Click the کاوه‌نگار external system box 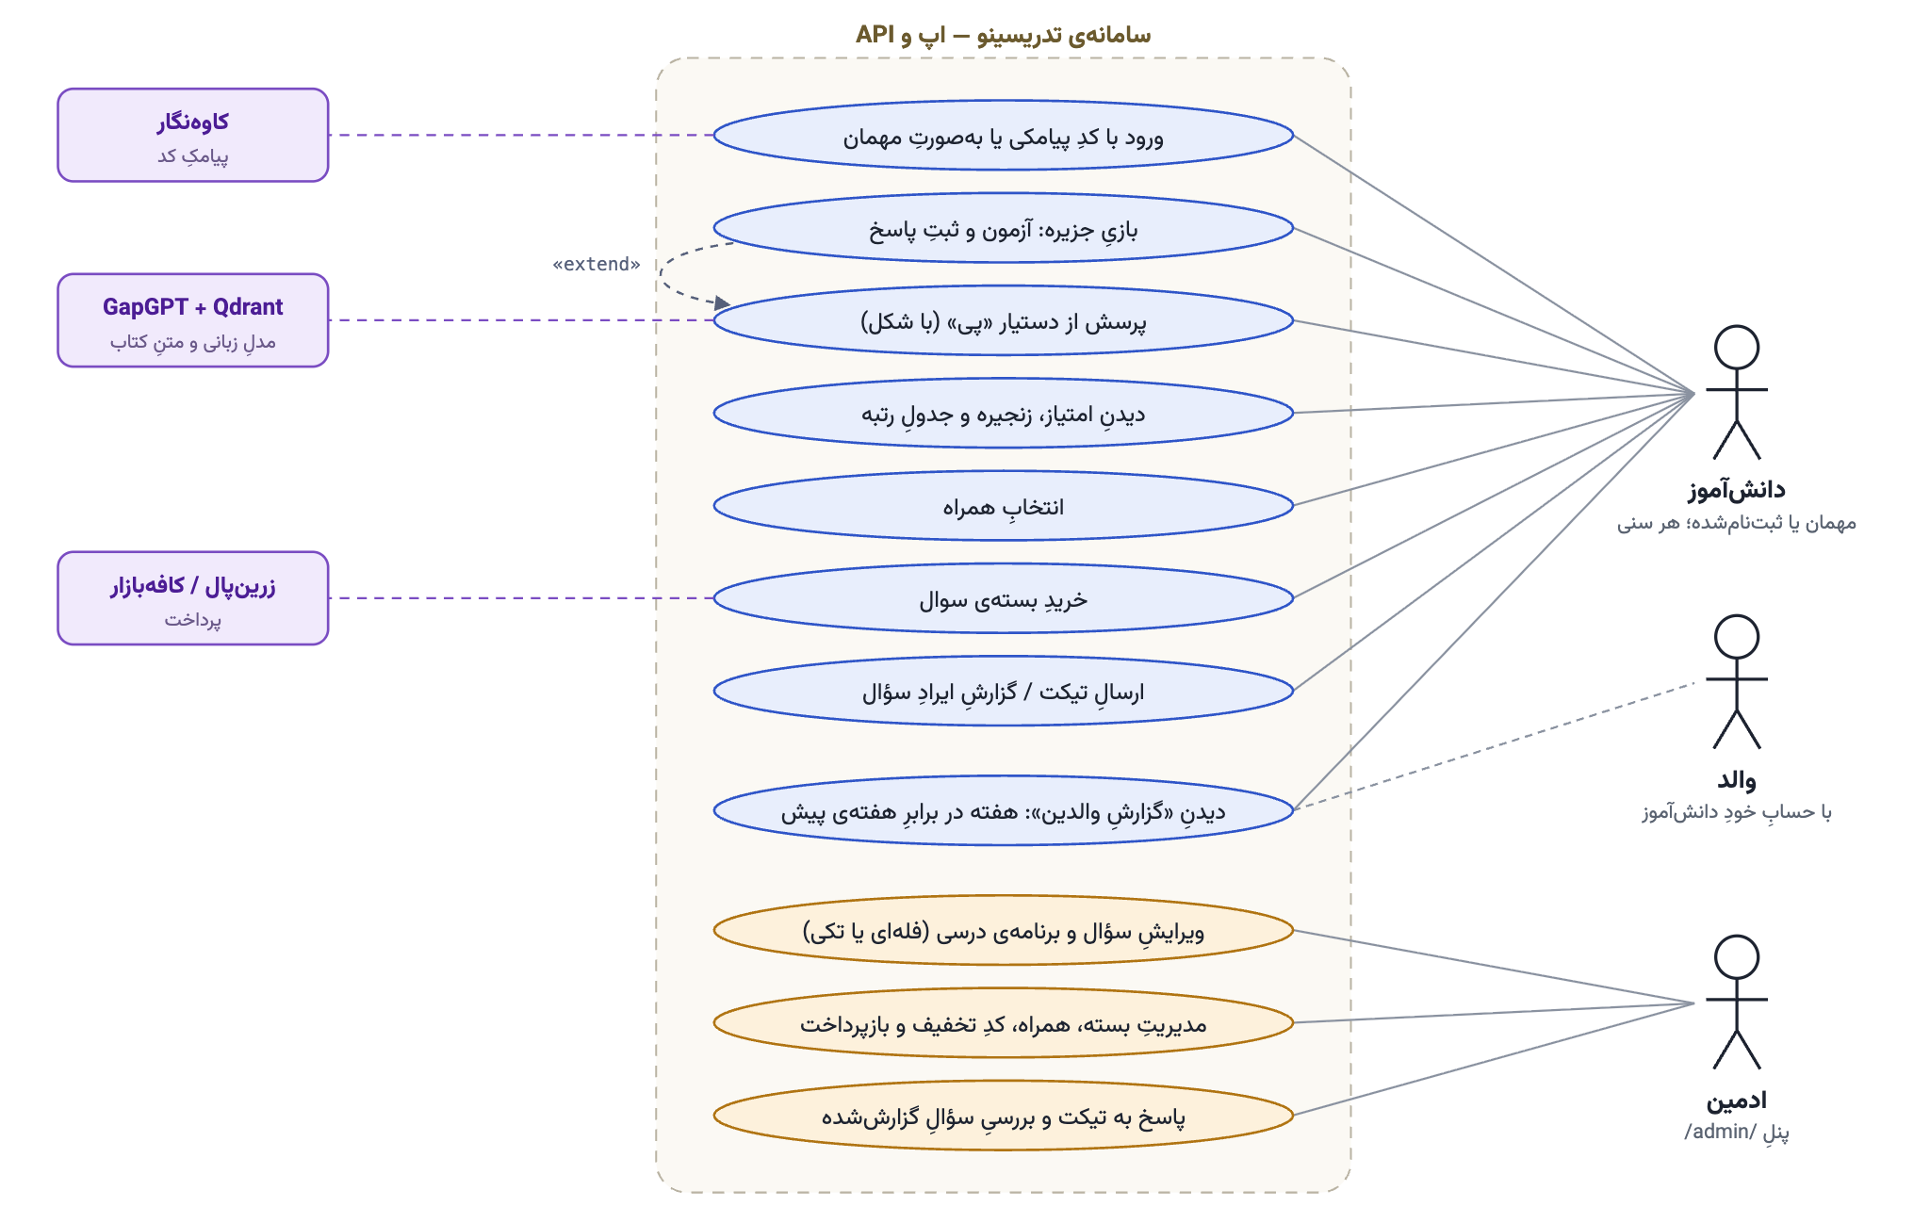coord(193,135)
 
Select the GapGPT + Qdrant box coord(193,320)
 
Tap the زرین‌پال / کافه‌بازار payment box coord(193,598)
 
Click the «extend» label coord(597,264)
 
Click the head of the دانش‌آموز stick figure coord(1737,348)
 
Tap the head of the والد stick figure coord(1737,637)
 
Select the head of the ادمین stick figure coord(1737,957)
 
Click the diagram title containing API coord(1003,35)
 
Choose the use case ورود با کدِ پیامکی coord(1003,136)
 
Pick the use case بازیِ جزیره coord(1003,228)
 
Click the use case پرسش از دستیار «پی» coord(1003,320)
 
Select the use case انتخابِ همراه coord(1003,506)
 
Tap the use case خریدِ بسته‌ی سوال coord(1003,598)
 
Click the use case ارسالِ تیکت coord(1003,691)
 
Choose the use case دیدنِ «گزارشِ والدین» coord(1003,810)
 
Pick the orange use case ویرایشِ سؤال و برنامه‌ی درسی coord(1003,930)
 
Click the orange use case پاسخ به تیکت coord(1003,1116)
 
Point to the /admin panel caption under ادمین coord(1737,1132)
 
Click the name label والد coord(1737,780)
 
